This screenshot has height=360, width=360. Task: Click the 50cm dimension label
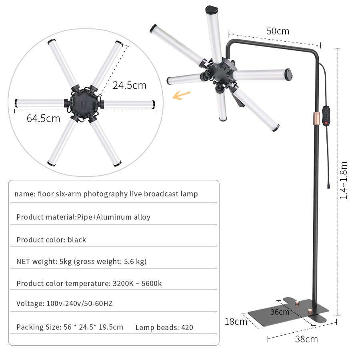278,31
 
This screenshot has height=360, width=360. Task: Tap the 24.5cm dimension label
129,85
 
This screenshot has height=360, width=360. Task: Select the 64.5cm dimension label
43,118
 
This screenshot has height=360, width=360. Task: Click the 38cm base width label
306,339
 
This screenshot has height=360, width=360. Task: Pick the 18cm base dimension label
236,321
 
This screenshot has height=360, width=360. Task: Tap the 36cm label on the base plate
280,312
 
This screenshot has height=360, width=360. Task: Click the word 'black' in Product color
77,240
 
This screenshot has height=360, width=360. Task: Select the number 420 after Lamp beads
187,328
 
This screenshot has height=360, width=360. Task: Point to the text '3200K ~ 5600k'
136,284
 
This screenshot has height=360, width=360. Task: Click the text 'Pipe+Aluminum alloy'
114,217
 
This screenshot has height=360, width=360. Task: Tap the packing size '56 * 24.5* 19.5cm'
93,327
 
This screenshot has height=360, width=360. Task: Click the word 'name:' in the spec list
25,194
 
